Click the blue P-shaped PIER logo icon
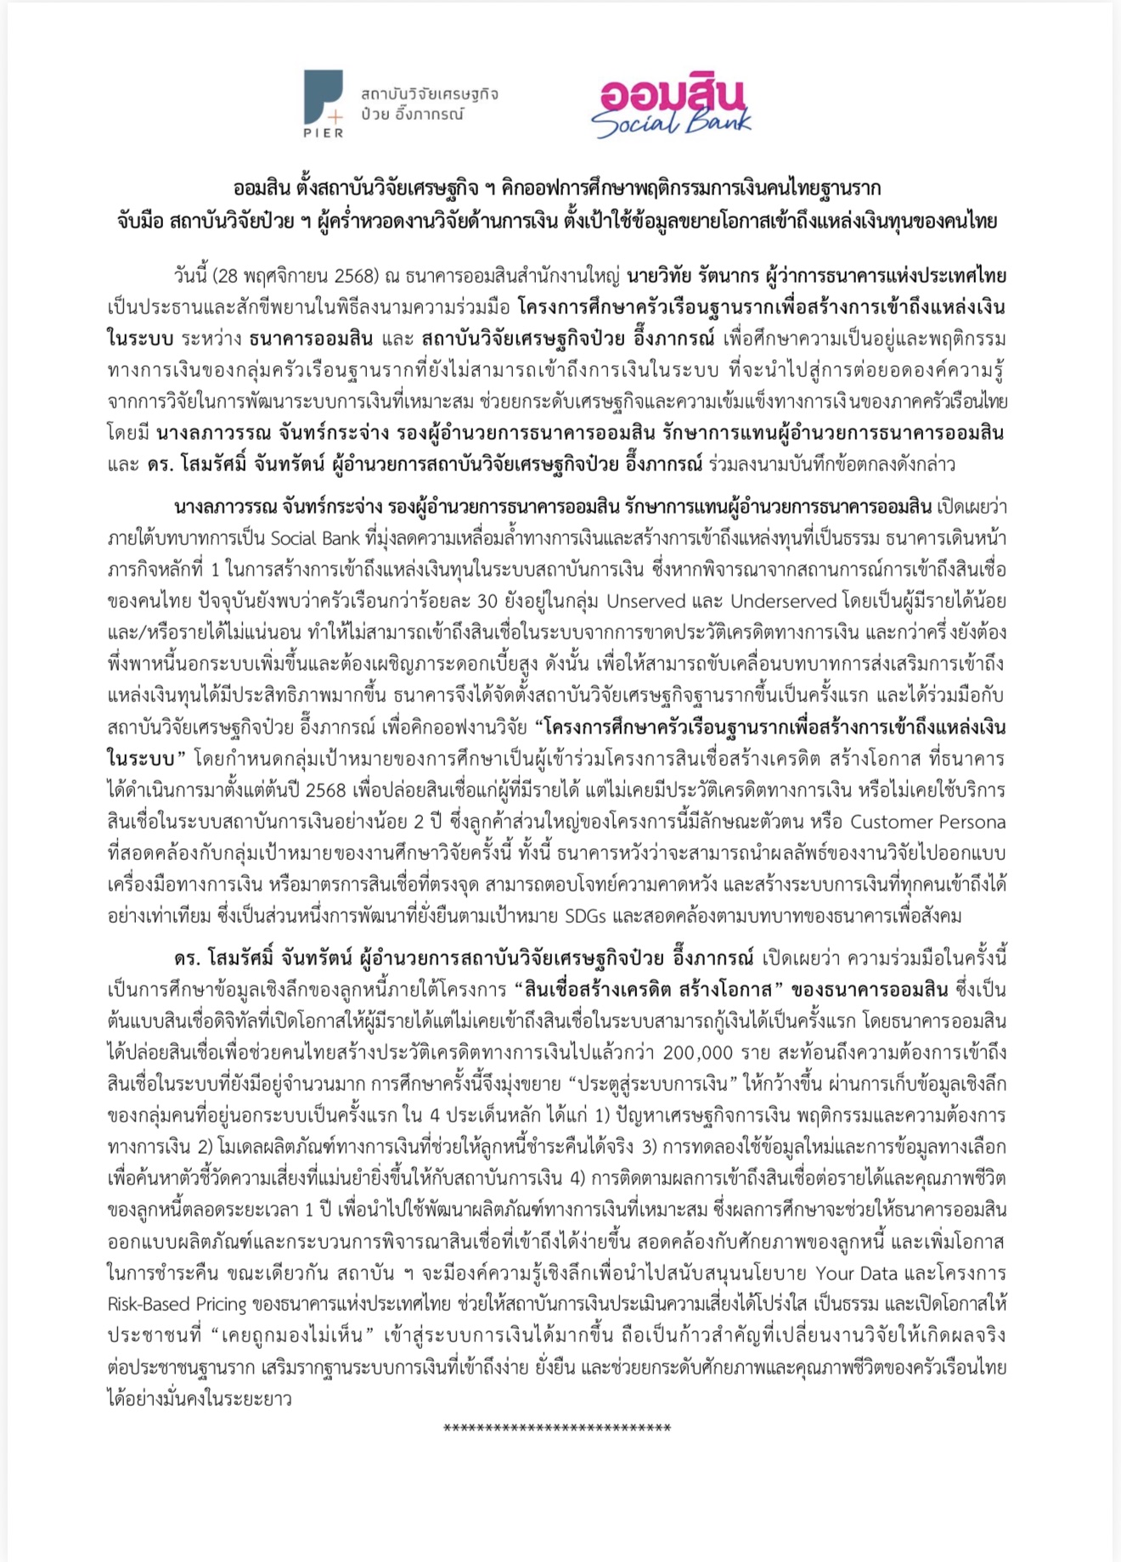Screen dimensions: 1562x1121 click(323, 94)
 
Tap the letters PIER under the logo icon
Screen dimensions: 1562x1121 click(324, 132)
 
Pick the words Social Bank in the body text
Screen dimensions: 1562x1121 click(316, 538)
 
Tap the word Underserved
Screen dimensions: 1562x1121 click(784, 601)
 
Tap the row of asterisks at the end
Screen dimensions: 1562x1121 click(557, 1429)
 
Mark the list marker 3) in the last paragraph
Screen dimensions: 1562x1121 click(650, 1147)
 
